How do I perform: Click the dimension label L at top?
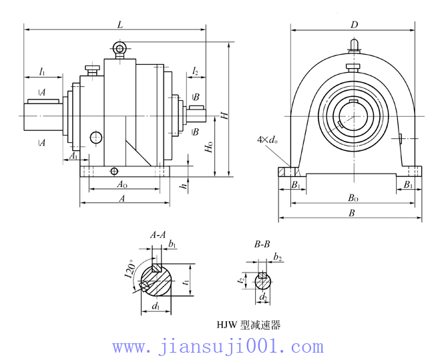coord(120,24)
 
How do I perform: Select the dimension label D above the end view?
coord(355,25)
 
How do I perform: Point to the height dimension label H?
coord(225,114)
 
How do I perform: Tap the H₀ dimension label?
coord(210,148)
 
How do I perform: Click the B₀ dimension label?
coord(353,198)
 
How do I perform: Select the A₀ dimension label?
coord(122,184)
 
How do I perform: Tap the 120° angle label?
coord(132,271)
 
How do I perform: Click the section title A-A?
coord(158,235)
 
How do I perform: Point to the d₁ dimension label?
coord(156,307)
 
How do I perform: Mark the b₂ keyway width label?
coord(278,258)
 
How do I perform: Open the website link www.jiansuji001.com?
coord(218,347)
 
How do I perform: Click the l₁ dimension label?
coord(42,70)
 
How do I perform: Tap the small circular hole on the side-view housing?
coord(96,138)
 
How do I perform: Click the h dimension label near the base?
coord(184,186)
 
